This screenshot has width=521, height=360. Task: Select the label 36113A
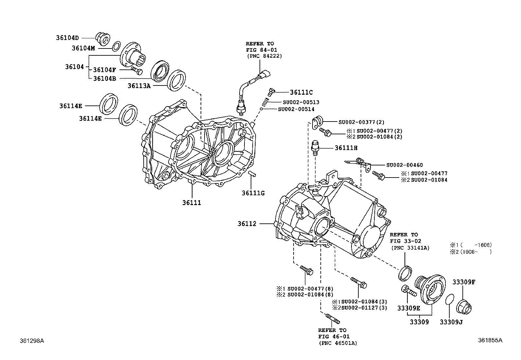tap(139, 85)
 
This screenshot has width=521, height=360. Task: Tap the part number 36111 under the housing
tap(191, 203)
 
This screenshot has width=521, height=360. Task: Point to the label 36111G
tap(253, 193)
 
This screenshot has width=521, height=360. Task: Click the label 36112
tap(247, 224)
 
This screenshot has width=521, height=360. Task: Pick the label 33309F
tap(464, 282)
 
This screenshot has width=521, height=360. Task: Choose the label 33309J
tap(451, 322)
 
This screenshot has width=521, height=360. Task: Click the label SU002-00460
tap(404, 165)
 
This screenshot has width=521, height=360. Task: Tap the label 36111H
tap(346, 148)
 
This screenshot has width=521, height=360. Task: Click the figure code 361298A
tap(32, 341)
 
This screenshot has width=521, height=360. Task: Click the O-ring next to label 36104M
tap(116, 47)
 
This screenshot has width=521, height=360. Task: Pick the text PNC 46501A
tap(337, 343)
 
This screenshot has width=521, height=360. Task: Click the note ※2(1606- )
tap(471, 252)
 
